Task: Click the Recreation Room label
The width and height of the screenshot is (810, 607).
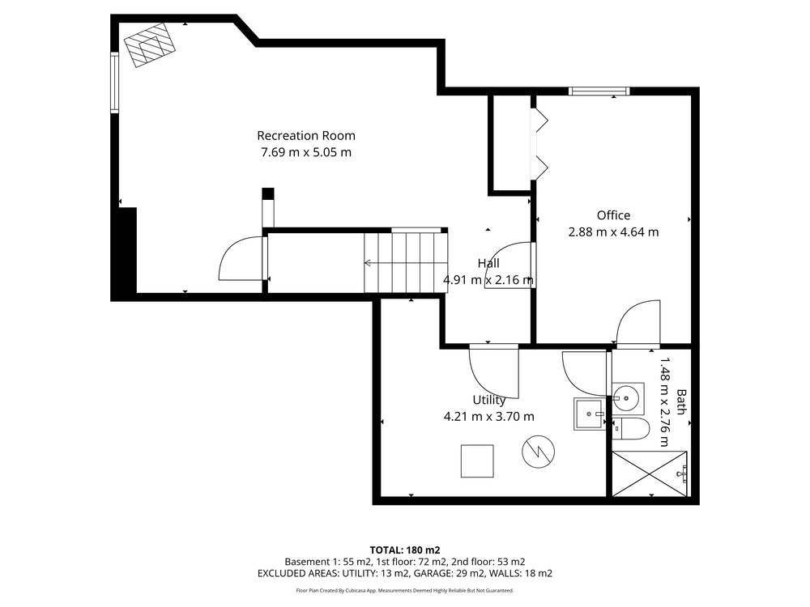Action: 306,136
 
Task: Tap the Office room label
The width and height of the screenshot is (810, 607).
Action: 613,215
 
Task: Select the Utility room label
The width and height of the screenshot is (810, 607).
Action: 488,400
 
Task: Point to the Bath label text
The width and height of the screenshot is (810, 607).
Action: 681,402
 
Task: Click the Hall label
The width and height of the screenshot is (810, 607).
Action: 488,263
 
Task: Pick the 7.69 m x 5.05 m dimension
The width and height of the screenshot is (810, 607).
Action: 306,152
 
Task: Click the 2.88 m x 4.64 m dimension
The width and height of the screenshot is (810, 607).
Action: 613,231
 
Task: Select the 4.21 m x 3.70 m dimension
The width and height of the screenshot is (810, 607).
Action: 488,417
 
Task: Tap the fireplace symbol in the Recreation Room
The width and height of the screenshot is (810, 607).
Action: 149,45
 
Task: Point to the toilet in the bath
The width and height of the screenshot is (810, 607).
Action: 629,428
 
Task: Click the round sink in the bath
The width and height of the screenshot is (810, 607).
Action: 629,398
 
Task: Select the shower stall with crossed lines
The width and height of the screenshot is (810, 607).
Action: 650,473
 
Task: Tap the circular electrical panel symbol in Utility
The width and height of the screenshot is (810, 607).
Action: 538,452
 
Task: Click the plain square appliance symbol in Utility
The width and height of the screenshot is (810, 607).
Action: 477,461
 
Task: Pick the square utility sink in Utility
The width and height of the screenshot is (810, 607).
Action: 588,414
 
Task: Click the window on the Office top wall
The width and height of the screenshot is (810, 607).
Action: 599,91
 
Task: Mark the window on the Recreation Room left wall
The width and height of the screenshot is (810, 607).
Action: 115,83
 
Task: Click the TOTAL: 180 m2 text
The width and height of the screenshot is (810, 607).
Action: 404,550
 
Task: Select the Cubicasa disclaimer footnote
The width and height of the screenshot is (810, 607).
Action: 404,590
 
